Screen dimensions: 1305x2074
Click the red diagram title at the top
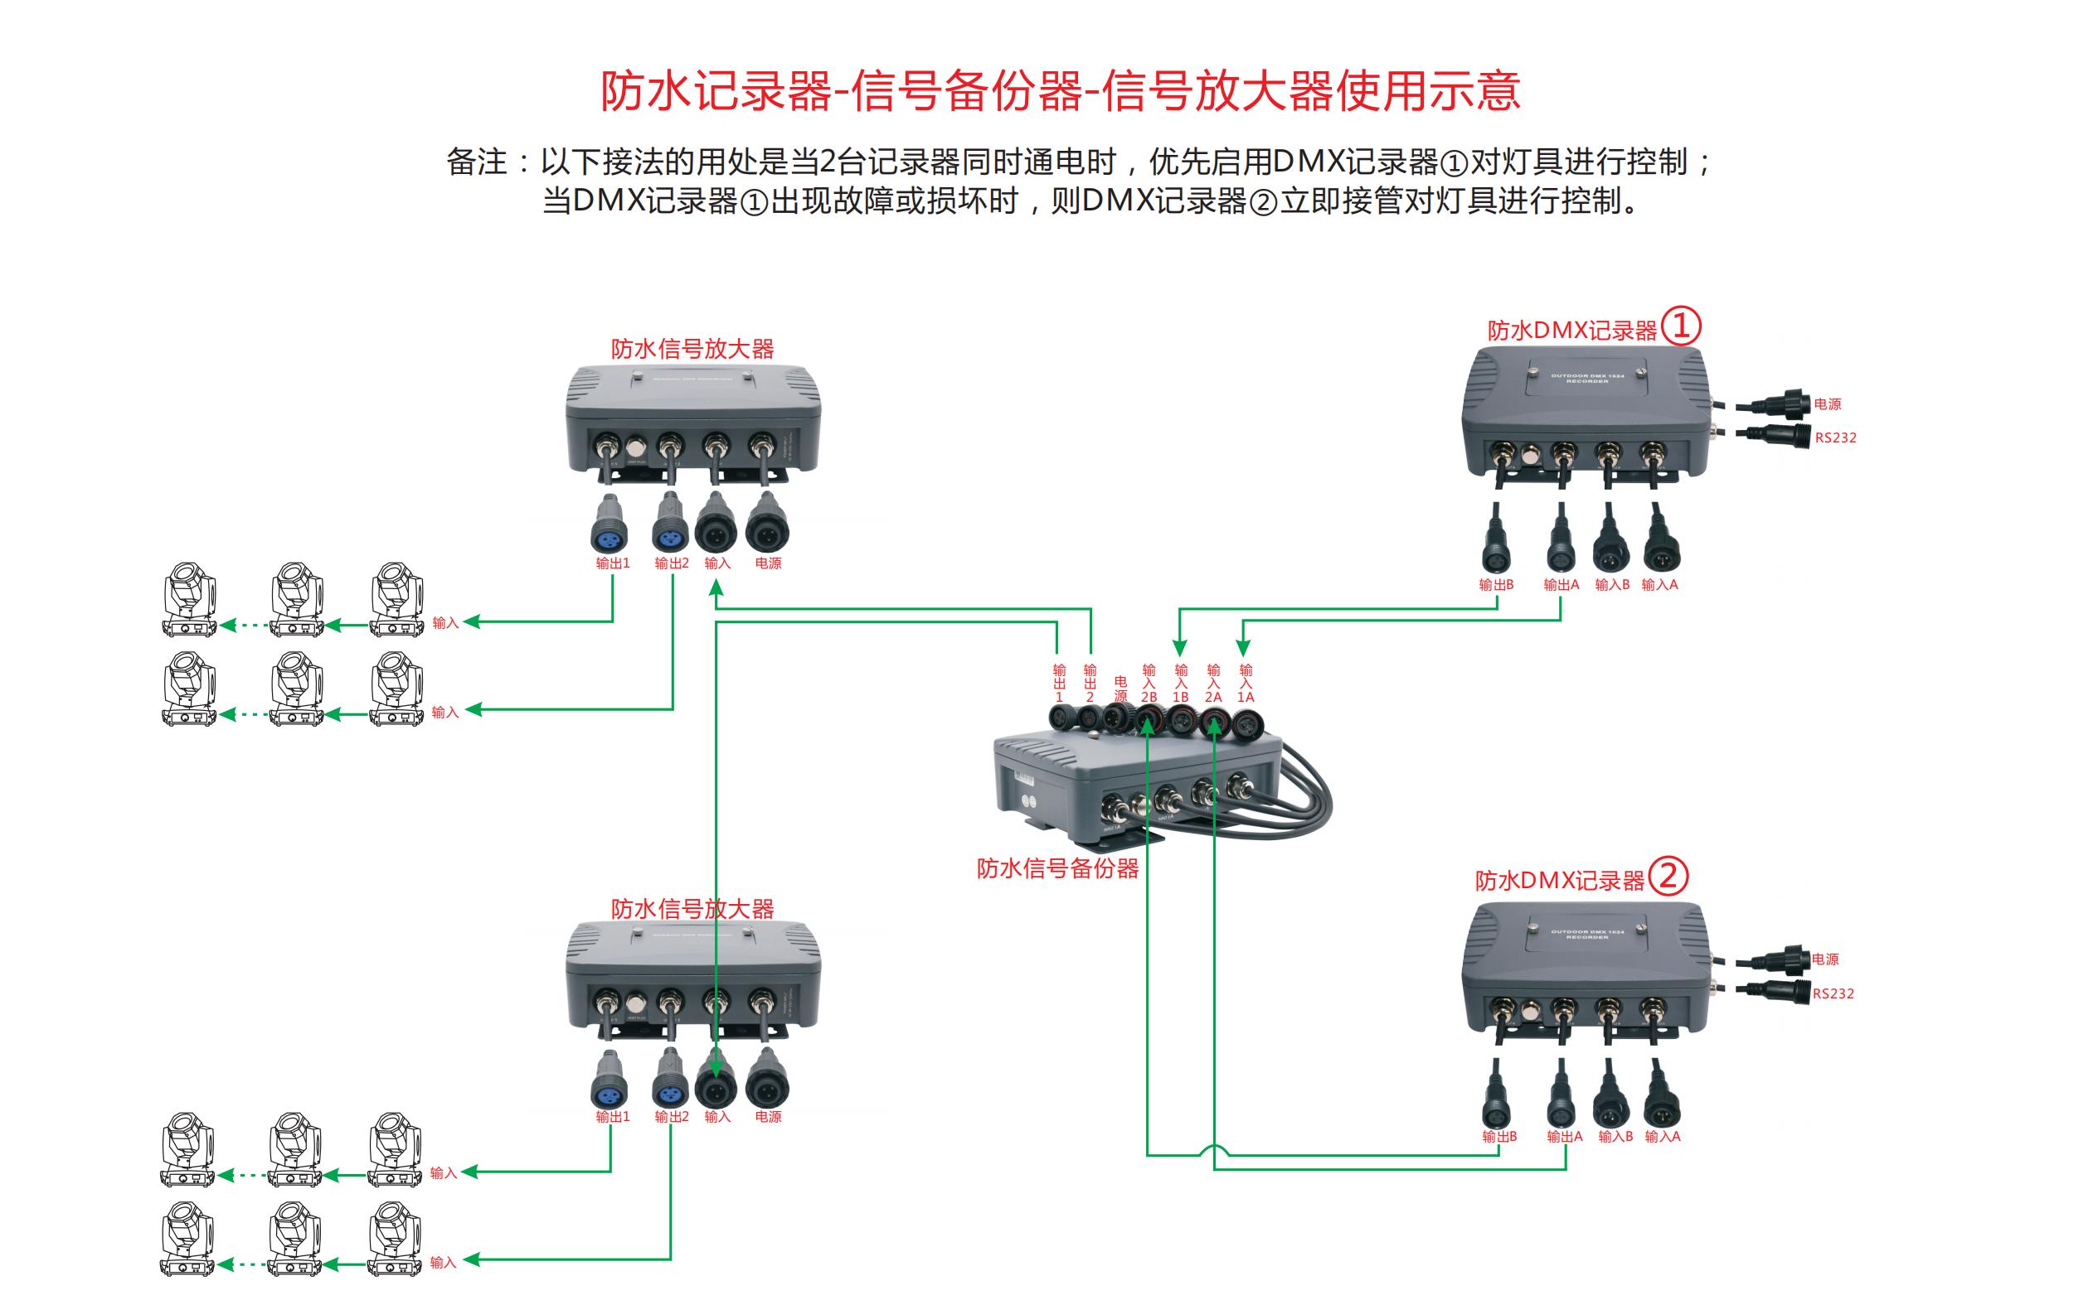click(1060, 91)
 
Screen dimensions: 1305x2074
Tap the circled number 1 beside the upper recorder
click(1681, 326)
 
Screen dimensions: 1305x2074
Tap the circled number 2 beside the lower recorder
click(1668, 877)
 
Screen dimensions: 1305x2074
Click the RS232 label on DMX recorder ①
click(1835, 437)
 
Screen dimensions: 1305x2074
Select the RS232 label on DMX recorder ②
click(1833, 993)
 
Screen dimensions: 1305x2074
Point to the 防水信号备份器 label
click(1057, 868)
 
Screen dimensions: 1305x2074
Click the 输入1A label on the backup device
click(1246, 684)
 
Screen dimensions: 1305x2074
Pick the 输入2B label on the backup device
click(1149, 684)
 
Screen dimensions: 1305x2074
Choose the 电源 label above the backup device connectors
click(1120, 689)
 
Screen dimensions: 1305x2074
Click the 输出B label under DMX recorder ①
click(1496, 584)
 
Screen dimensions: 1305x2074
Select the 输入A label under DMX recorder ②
click(1663, 1136)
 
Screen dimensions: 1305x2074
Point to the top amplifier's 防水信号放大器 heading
click(692, 349)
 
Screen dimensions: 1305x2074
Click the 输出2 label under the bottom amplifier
click(672, 1116)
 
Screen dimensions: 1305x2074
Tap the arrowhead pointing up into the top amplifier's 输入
click(716, 588)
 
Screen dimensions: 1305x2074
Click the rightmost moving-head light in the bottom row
click(396, 1238)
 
